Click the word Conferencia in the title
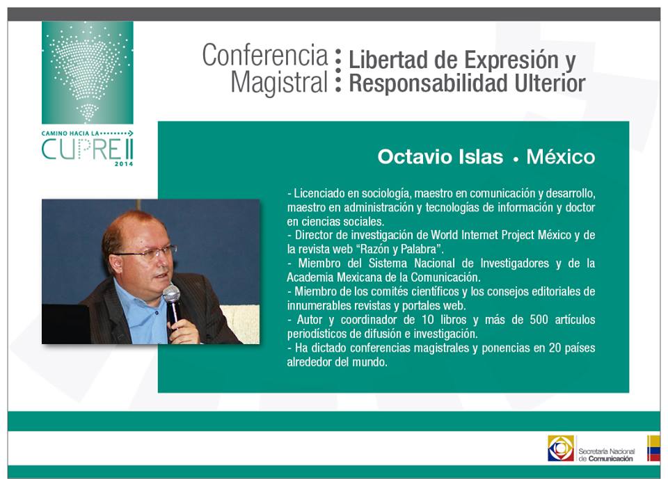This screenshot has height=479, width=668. click(x=265, y=56)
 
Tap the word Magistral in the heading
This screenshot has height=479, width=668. click(x=279, y=82)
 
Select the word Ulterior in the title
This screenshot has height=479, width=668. click(x=550, y=83)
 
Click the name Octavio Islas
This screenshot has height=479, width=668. click(x=440, y=156)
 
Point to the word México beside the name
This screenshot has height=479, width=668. click(x=561, y=156)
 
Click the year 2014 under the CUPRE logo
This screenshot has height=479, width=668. click(x=124, y=163)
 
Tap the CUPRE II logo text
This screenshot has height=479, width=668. click(x=88, y=149)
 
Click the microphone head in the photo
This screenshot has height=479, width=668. click(x=171, y=294)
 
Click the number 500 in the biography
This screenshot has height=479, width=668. click(x=539, y=319)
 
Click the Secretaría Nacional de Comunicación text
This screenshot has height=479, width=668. click(x=606, y=455)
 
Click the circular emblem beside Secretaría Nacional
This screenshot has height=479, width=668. click(x=561, y=448)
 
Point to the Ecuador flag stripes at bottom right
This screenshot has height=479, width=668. click(x=653, y=448)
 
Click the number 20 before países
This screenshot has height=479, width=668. click(x=555, y=348)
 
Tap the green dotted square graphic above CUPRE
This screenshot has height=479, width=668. click(x=88, y=73)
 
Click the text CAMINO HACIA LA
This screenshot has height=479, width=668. click(x=70, y=133)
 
